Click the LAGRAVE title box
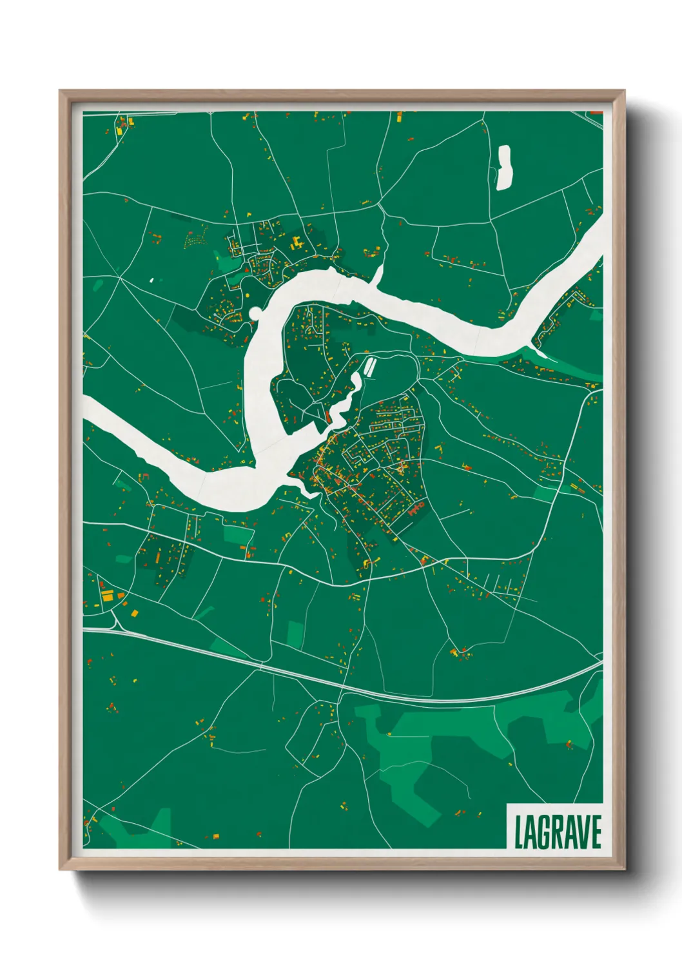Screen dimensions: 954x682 [555, 826]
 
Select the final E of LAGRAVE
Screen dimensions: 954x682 [596, 832]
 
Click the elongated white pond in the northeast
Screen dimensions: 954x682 [503, 168]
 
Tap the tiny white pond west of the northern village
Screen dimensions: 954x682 [151, 280]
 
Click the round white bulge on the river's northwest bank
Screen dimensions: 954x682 [255, 314]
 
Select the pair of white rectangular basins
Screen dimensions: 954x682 [370, 367]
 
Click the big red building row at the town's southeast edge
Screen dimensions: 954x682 [416, 509]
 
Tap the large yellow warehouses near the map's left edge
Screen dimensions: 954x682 [106, 594]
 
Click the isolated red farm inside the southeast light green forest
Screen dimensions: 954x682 [569, 745]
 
